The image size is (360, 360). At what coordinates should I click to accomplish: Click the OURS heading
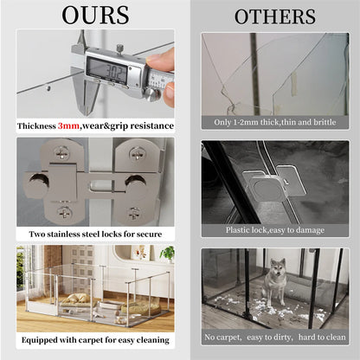click(95, 15)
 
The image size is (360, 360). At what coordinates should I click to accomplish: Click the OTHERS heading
click(275, 16)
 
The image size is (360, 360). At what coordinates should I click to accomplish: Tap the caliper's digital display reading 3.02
click(107, 69)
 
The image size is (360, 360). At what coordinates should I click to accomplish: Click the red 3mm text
click(68, 126)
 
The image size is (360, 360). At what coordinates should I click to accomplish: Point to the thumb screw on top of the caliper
click(119, 48)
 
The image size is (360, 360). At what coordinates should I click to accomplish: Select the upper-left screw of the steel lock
click(62, 152)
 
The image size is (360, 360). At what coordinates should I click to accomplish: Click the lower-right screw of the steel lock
click(134, 213)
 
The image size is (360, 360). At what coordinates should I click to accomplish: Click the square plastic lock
click(266, 188)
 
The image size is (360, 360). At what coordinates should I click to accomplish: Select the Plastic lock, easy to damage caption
click(275, 230)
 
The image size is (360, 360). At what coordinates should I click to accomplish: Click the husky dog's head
click(278, 267)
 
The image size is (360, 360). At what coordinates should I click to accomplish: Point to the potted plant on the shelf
click(167, 254)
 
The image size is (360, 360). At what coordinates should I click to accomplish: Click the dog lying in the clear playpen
click(74, 299)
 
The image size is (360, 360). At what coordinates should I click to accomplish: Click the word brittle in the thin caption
click(325, 122)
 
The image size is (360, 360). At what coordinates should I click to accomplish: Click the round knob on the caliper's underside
click(151, 94)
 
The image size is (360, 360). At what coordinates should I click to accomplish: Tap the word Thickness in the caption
click(36, 126)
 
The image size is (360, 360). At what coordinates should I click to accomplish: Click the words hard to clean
click(322, 337)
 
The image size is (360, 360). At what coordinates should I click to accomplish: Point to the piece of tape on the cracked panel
click(293, 84)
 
